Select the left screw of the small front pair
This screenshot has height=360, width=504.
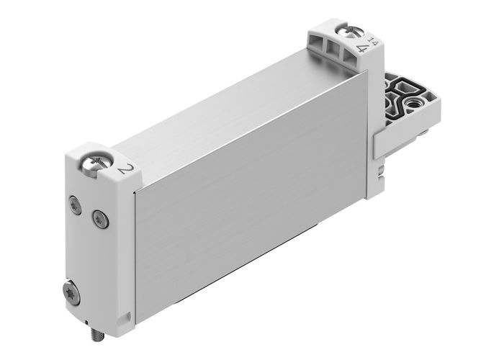74,204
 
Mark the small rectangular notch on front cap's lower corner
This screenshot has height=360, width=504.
127,315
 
